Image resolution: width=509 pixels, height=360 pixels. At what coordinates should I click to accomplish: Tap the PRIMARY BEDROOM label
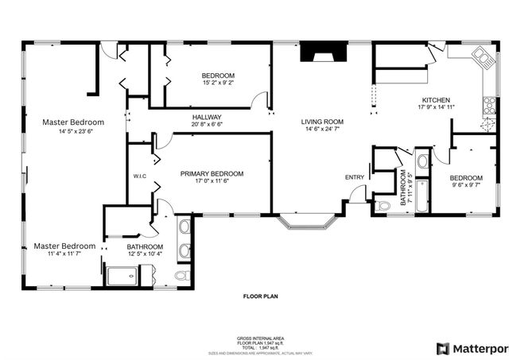click(212, 173)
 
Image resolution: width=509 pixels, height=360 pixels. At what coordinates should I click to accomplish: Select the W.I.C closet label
click(140, 176)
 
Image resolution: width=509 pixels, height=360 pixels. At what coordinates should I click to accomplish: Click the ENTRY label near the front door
click(354, 176)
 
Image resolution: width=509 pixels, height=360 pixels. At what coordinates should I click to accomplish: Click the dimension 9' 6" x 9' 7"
click(465, 186)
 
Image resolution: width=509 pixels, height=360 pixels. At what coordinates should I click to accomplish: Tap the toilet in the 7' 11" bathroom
click(383, 206)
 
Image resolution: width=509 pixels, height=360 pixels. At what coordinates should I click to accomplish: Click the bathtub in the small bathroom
click(422, 195)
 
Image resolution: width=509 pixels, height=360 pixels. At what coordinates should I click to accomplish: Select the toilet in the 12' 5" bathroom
click(181, 275)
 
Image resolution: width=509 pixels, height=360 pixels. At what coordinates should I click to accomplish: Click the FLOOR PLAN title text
click(260, 296)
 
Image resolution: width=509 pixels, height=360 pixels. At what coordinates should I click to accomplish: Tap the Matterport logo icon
click(442, 348)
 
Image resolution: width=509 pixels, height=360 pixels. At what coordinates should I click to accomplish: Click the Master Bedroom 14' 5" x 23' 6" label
click(73, 126)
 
